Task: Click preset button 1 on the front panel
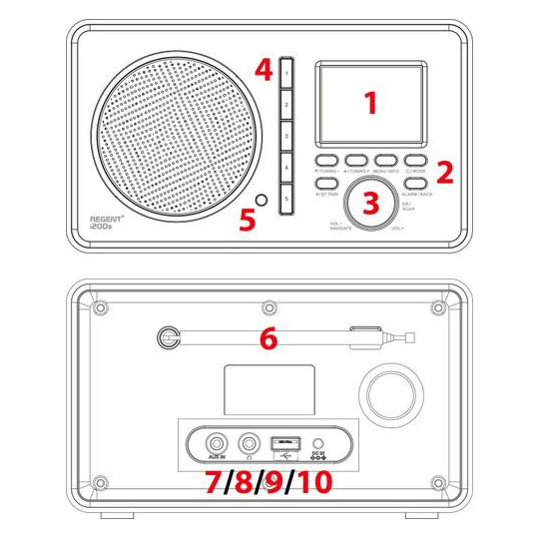[x=286, y=73]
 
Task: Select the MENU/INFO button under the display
[x=387, y=160]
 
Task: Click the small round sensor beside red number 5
[x=262, y=202]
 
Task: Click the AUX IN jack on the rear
[x=213, y=439]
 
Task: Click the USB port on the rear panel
[x=282, y=440]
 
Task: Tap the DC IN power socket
[x=318, y=441]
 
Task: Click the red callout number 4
[x=264, y=69]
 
